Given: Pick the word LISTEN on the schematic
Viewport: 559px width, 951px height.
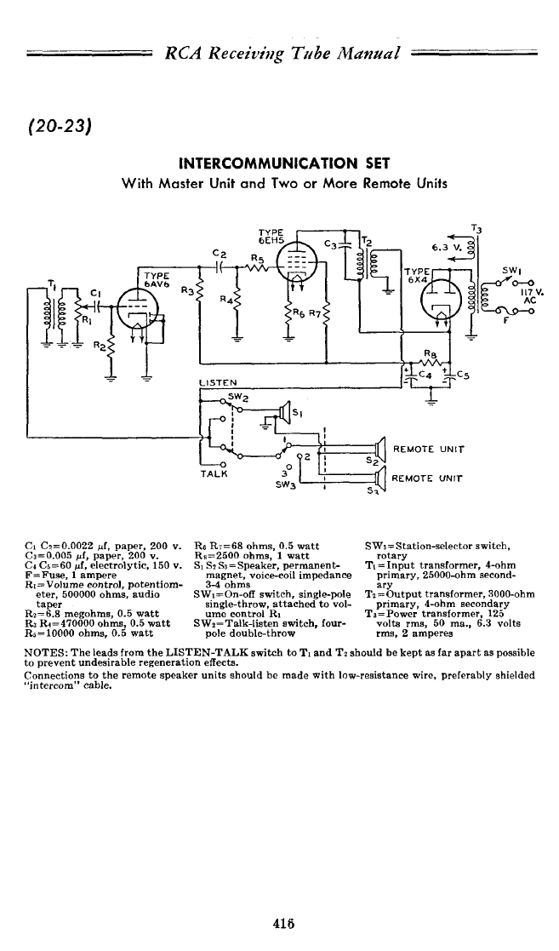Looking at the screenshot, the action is tap(217, 383).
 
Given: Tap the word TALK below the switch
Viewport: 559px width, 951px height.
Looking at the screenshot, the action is tap(214, 474).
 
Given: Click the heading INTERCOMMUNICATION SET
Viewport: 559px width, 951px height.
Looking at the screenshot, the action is tap(283, 163).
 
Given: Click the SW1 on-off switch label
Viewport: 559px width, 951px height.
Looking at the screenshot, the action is tap(511, 271).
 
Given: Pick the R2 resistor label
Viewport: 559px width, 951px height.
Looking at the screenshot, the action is tap(97, 347).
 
